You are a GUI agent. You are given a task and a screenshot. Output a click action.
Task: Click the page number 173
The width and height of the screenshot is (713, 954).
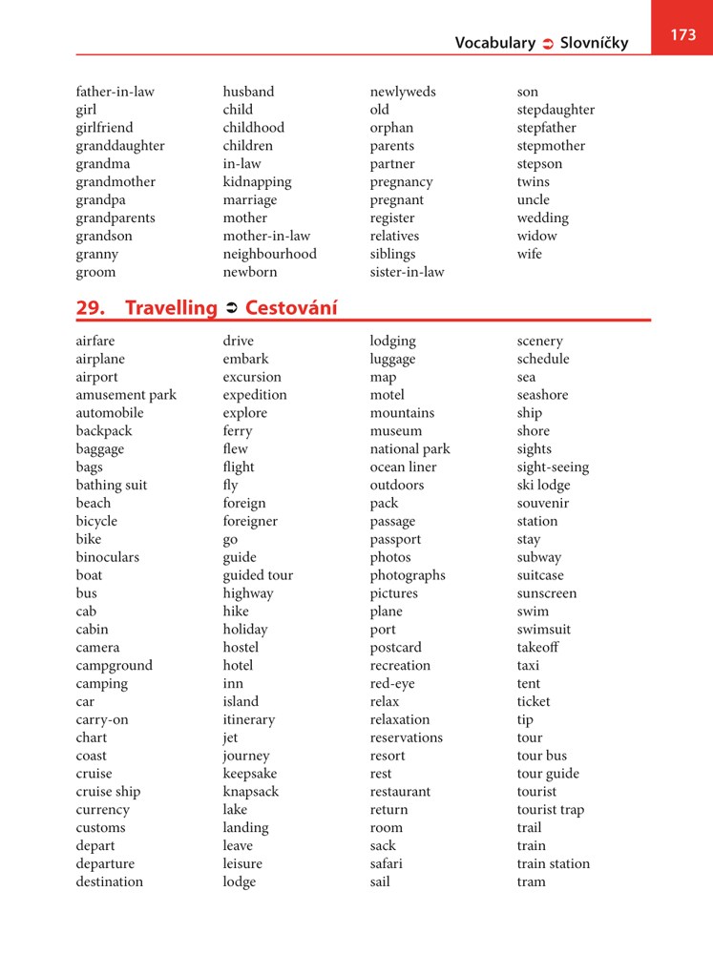point(682,34)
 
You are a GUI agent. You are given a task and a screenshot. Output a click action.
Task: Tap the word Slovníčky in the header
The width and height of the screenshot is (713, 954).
point(595,43)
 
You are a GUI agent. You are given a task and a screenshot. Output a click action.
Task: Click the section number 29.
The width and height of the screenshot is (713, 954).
point(91,307)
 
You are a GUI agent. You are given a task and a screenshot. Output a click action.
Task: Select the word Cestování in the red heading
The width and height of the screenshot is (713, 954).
point(291,307)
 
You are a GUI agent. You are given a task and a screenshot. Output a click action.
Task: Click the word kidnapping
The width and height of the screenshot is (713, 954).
point(257,182)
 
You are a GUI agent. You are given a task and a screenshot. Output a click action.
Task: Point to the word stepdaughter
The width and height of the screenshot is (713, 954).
point(556,110)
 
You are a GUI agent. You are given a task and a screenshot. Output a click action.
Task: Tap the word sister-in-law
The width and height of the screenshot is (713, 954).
point(407,272)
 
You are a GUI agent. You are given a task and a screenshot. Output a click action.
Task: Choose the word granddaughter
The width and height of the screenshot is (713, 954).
point(120,146)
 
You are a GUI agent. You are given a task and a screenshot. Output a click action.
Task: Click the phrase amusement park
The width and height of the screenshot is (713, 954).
point(126,395)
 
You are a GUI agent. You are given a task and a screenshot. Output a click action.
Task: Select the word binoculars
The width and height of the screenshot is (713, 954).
point(107,557)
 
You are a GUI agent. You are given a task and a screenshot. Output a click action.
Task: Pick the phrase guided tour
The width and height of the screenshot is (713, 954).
point(258,575)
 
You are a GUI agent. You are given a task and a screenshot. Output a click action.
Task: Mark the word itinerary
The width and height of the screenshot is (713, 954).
point(248,719)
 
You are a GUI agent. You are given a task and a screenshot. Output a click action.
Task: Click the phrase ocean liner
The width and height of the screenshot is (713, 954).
point(403,467)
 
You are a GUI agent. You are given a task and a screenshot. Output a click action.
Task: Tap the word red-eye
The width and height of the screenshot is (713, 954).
point(392,683)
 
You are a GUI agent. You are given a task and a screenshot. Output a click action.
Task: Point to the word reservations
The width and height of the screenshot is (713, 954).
point(406,737)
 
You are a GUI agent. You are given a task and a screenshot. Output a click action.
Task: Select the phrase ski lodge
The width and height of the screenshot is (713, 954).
point(543,486)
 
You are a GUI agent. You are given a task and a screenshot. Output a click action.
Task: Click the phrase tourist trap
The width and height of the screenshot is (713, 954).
point(550,810)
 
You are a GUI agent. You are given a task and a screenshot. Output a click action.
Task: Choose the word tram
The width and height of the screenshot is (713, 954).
point(532,881)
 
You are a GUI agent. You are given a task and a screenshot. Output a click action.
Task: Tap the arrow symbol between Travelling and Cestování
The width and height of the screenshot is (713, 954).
point(231,308)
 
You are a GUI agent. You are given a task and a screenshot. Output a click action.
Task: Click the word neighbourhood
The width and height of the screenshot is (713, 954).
point(269,254)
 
